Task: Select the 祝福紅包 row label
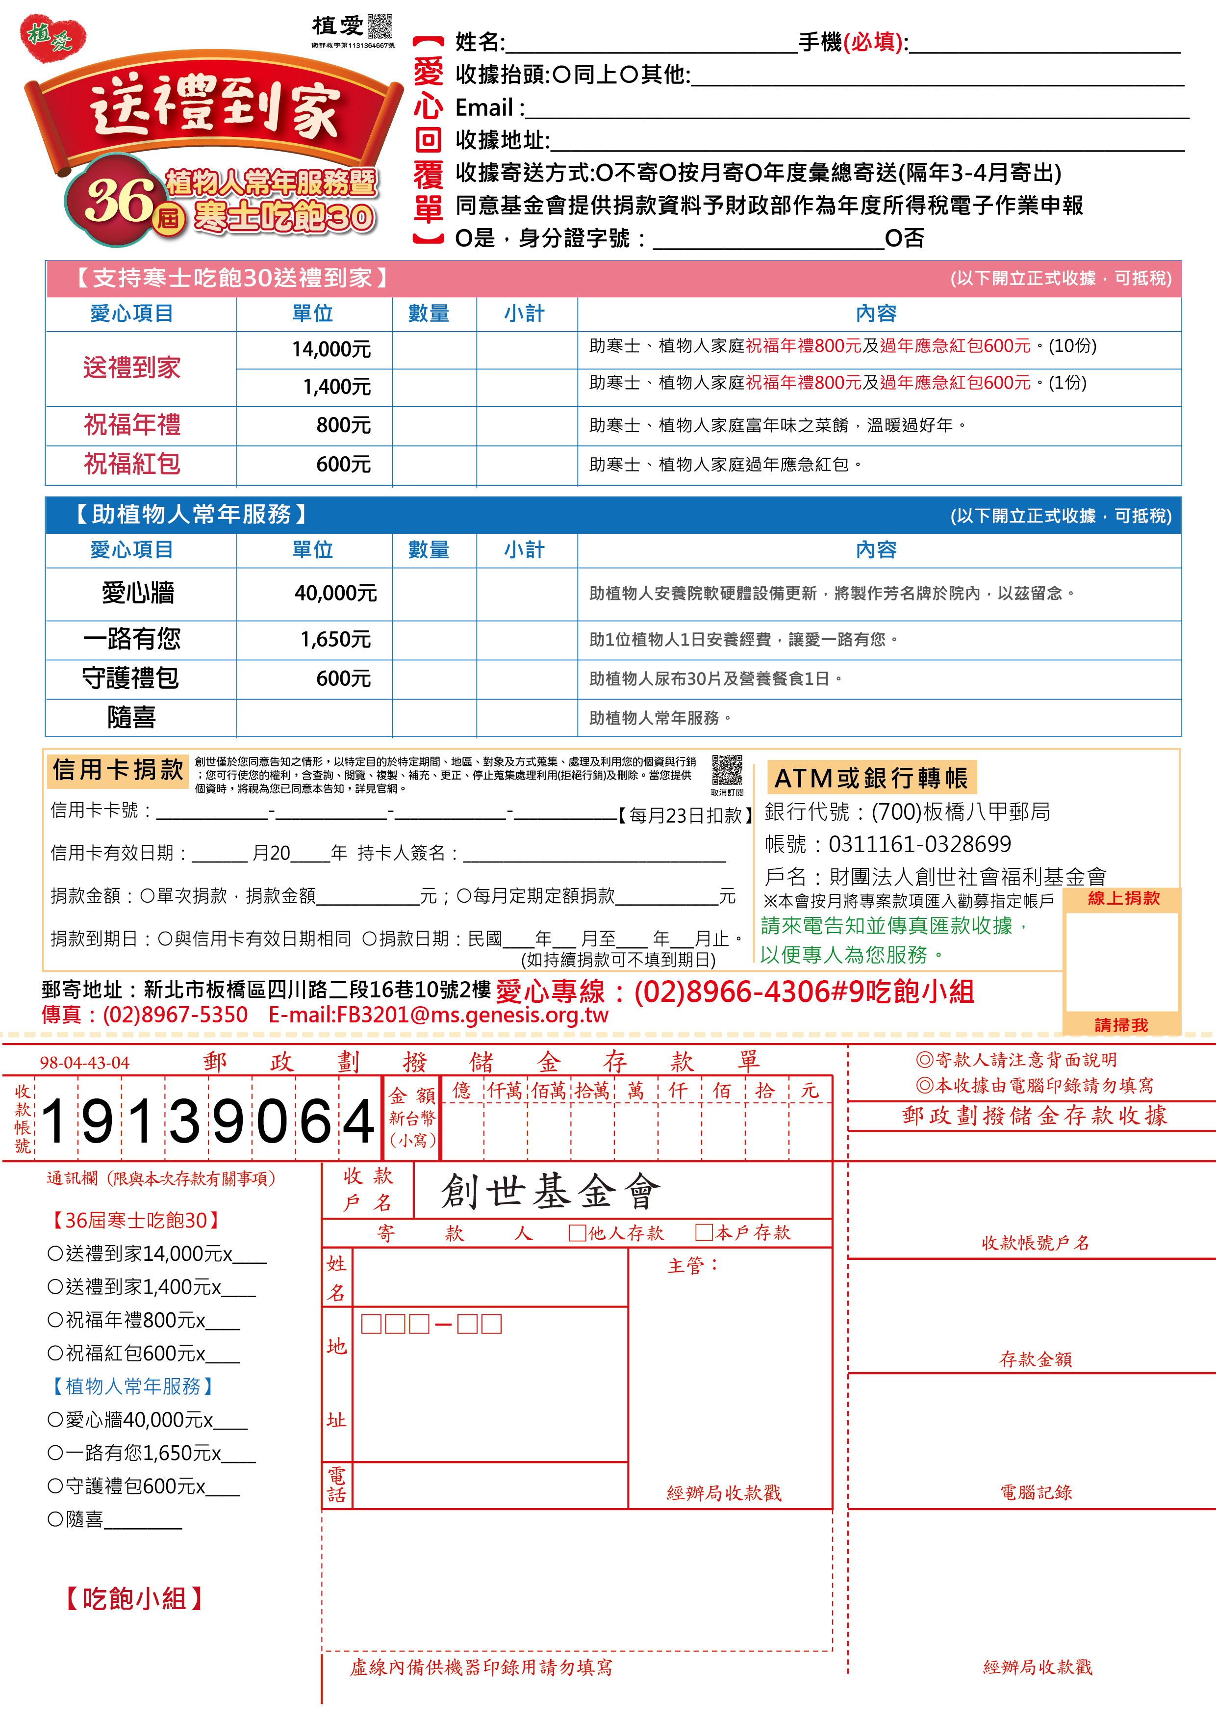pos(132,464)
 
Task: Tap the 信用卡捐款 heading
pos(118,770)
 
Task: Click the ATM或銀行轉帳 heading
pos(871,778)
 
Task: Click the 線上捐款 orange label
pos(1122,898)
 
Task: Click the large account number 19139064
pos(207,1121)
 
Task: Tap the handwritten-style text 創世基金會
pos(551,1192)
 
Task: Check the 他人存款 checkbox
pos(577,1233)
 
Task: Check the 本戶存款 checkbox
pos(704,1233)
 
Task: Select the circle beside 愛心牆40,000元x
pos(55,1420)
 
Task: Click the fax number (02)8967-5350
pos(175,1015)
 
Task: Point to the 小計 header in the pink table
pos(525,313)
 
